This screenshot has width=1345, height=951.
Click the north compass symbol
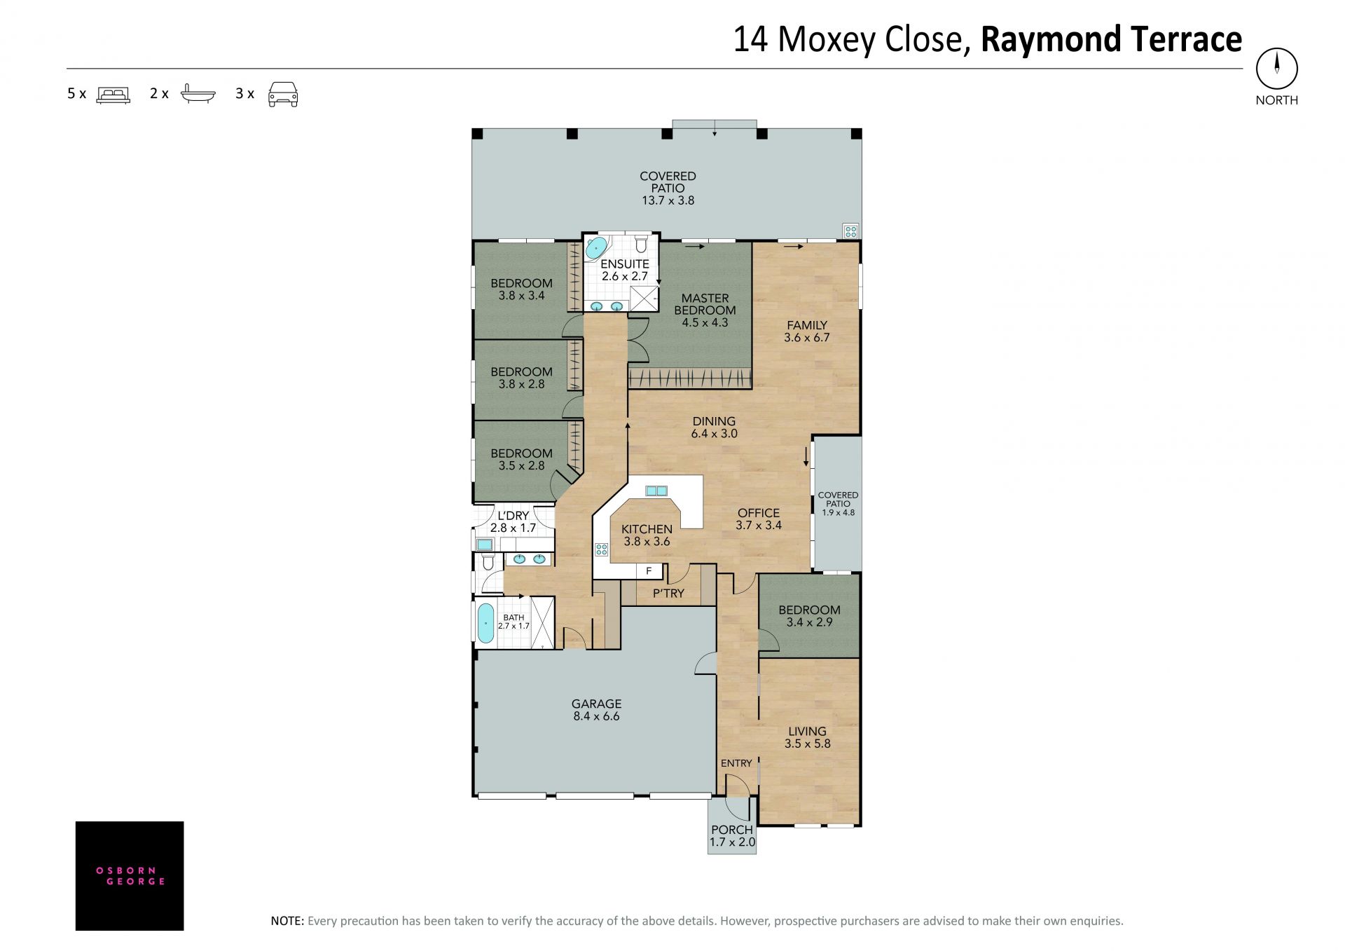click(1276, 69)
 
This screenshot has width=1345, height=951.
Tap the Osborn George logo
click(130, 875)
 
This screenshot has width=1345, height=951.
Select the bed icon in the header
click(113, 95)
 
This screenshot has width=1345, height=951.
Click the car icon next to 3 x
click(283, 94)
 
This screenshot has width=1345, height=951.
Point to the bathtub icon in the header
click(198, 94)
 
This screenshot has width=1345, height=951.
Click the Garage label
click(596, 704)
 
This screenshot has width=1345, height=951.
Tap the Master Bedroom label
click(705, 304)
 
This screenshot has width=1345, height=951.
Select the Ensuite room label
click(625, 264)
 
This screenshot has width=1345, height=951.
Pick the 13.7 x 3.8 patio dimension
click(668, 200)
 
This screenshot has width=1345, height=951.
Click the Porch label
click(732, 830)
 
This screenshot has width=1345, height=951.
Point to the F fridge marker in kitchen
click(649, 571)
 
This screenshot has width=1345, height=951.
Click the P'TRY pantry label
click(668, 594)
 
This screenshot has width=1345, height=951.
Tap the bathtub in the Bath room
click(485, 623)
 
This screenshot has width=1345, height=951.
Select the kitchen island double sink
click(656, 491)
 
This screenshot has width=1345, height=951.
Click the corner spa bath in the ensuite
click(596, 248)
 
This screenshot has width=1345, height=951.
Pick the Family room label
click(807, 325)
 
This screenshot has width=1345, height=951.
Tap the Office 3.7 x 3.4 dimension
click(759, 525)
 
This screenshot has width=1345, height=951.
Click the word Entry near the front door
click(736, 763)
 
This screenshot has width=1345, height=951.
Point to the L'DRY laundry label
click(513, 516)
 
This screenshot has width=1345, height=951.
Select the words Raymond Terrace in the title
click(1111, 40)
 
